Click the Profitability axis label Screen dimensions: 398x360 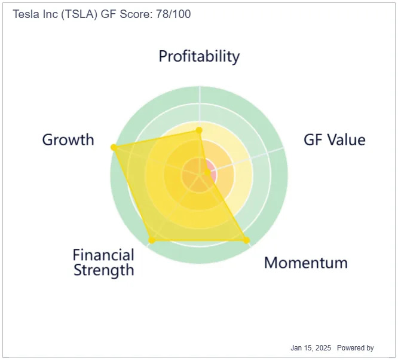[x=199, y=56]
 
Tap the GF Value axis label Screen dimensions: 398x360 [x=335, y=140]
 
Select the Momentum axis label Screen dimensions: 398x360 [x=306, y=263]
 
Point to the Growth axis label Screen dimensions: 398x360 [x=68, y=140]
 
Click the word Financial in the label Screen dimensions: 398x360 [x=103, y=255]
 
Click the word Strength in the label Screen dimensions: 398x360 [x=103, y=270]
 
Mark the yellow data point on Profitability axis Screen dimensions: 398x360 [x=199, y=130]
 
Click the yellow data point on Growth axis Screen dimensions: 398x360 [x=114, y=147]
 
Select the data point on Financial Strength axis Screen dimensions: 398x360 [x=152, y=240]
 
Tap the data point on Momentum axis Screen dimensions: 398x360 [x=246, y=240]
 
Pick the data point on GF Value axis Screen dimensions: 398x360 [x=207, y=173]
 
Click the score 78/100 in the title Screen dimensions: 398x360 [x=173, y=14]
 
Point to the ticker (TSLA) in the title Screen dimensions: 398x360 [x=79, y=14]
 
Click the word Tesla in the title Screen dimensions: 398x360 [x=26, y=14]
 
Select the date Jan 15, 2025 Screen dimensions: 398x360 [x=311, y=348]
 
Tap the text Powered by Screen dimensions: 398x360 [x=356, y=348]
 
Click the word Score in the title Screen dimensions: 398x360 [x=136, y=14]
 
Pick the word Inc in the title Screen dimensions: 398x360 [x=50, y=14]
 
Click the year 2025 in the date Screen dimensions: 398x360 [x=323, y=348]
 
